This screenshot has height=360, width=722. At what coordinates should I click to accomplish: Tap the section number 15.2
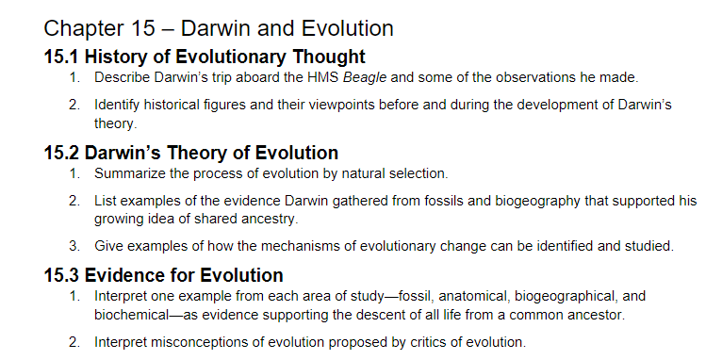click(x=61, y=152)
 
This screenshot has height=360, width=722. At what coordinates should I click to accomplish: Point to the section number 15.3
click(x=61, y=275)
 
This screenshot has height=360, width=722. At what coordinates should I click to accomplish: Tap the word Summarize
click(x=130, y=173)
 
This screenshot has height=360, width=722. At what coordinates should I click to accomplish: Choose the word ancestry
click(x=271, y=219)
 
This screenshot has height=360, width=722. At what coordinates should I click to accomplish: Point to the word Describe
click(x=121, y=76)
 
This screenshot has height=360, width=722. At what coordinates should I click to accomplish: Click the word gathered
click(x=374, y=201)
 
